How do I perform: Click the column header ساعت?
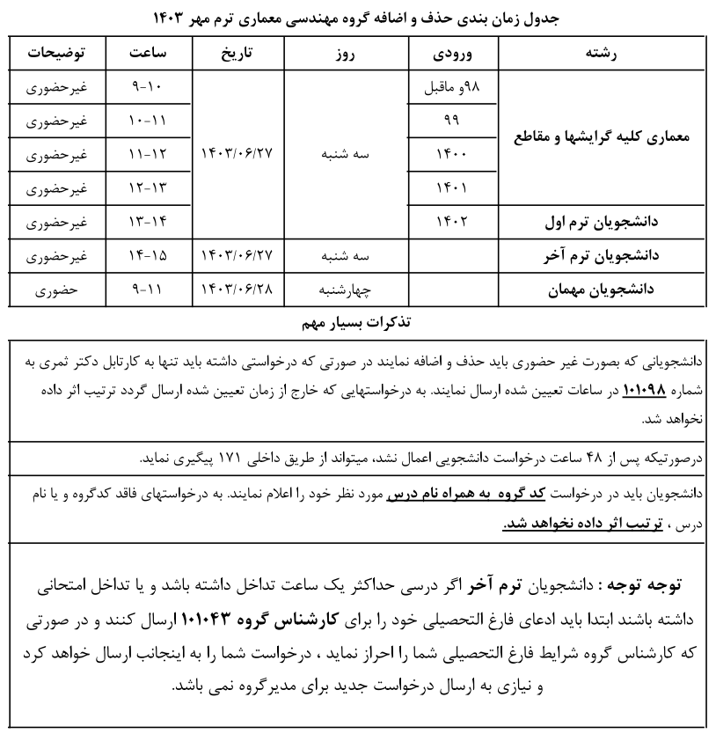click(x=148, y=53)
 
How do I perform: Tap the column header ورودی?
click(x=454, y=53)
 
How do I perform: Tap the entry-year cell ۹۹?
click(x=454, y=121)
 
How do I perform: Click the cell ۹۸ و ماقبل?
click(x=454, y=88)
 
